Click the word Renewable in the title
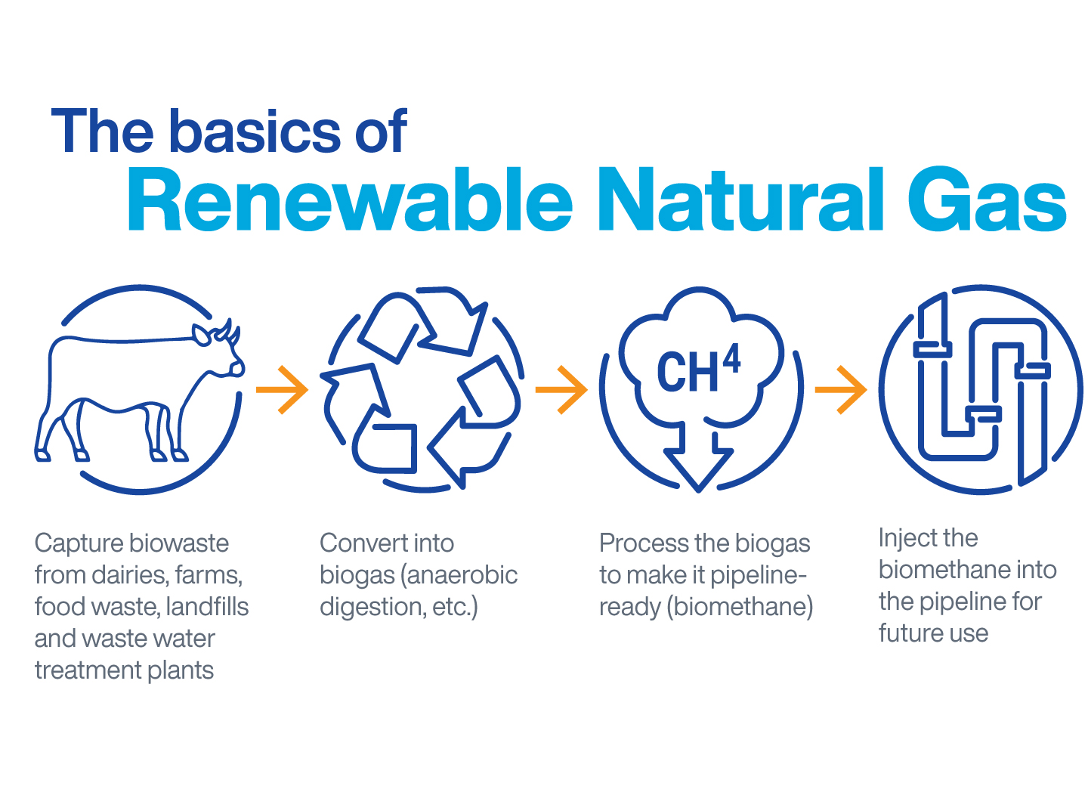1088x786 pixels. click(349, 199)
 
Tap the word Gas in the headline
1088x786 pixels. click(987, 199)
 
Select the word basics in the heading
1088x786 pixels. click(256, 132)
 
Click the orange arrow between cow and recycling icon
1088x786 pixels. click(283, 390)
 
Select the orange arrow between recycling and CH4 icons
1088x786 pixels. click(561, 390)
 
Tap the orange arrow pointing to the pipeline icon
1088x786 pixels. click(841, 390)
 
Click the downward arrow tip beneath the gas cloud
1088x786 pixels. click(698, 491)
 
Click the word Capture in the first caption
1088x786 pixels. click(76, 544)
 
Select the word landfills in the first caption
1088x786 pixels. click(207, 606)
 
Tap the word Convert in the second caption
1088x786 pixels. click(362, 543)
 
